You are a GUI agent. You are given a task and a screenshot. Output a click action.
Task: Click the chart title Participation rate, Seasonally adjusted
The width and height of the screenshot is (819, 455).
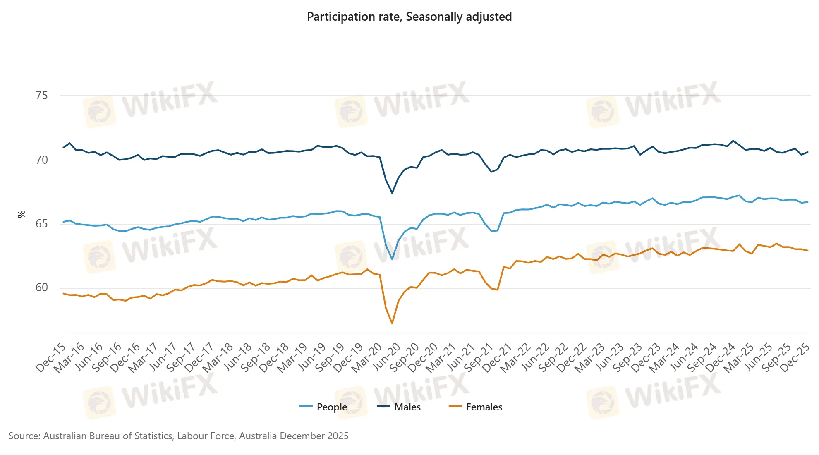click(409, 17)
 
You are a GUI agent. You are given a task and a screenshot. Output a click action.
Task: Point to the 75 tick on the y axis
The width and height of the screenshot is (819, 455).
click(42, 96)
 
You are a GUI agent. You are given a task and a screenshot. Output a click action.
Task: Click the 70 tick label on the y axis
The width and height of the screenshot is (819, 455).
click(42, 160)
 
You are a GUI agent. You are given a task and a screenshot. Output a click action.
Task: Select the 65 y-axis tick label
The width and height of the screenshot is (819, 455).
click(42, 224)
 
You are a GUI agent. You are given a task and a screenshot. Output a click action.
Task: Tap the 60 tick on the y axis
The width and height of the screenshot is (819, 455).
click(42, 287)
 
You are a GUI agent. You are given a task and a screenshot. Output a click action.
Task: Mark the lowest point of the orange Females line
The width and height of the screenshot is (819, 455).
click(392, 323)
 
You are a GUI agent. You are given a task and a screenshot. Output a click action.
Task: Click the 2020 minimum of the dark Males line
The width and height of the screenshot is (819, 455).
click(392, 193)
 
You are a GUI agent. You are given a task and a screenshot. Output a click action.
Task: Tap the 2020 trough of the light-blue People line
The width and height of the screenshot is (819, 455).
click(392, 259)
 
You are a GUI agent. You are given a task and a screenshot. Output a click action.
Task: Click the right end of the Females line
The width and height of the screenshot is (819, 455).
click(807, 250)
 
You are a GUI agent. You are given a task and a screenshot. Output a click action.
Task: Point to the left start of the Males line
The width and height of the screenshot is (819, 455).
click(63, 148)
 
